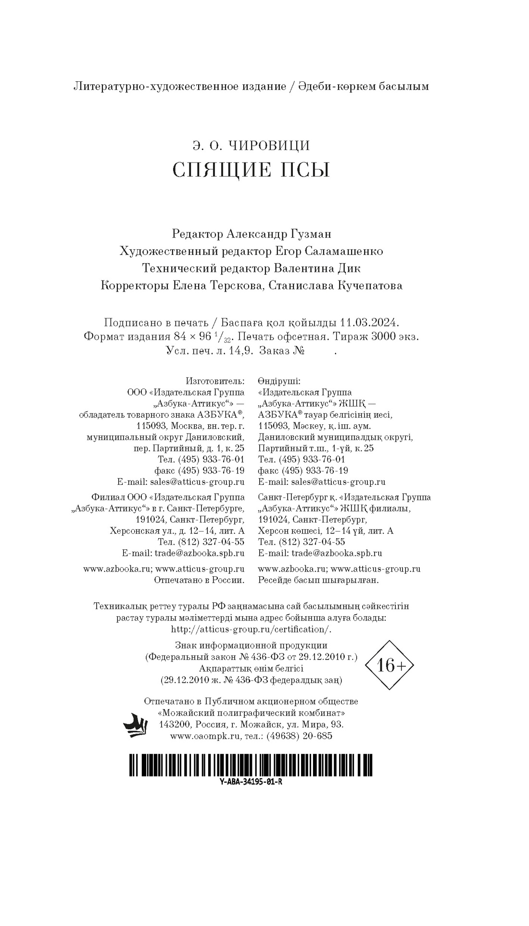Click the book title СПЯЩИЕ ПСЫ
pos(251,170)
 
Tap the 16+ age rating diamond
pos(390,666)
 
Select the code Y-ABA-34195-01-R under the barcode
pos(251,782)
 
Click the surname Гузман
pos(311,234)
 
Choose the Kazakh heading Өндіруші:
pos(279,381)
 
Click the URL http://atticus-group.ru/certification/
pos(251,629)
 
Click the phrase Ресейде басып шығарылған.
pos(318,580)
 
